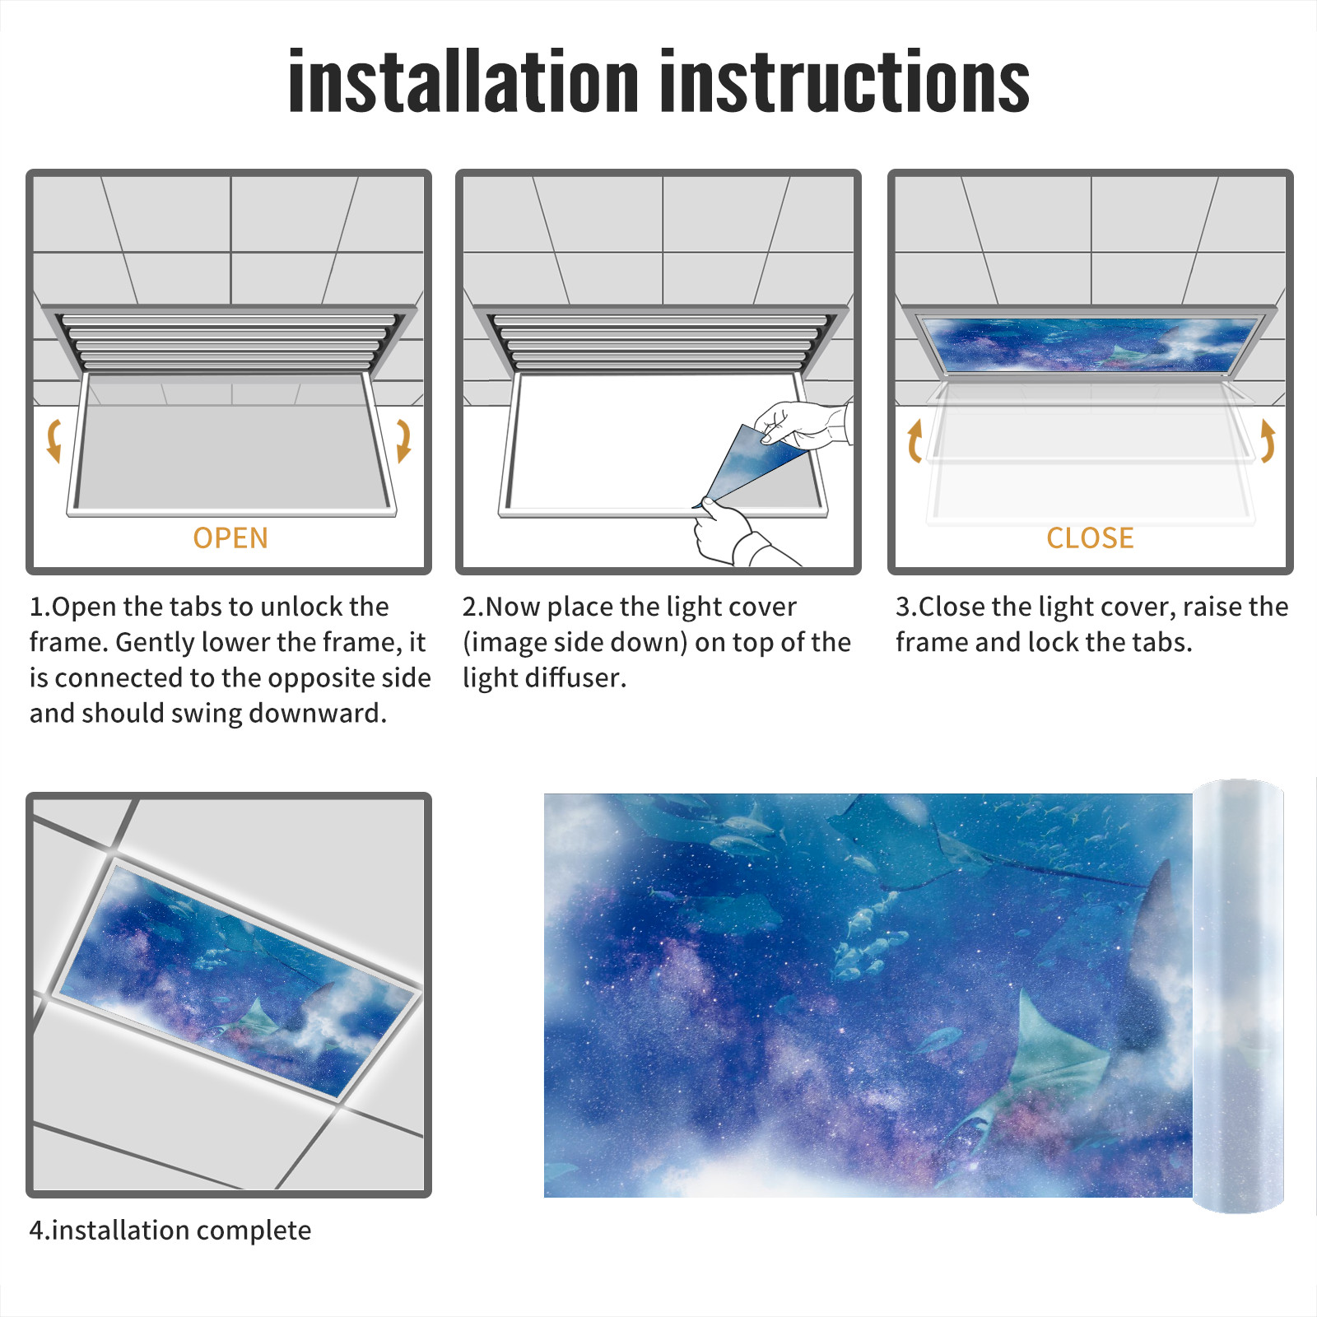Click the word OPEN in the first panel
pyautogui.click(x=230, y=538)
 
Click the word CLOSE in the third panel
pyautogui.click(x=1090, y=538)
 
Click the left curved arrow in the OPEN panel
pyautogui.click(x=54, y=440)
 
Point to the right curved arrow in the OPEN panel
pyautogui.click(x=403, y=440)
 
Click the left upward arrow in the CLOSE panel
pyautogui.click(x=914, y=440)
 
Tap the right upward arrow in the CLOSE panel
pyautogui.click(x=1268, y=440)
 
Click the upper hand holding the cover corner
pyautogui.click(x=803, y=424)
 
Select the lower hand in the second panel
pyautogui.click(x=737, y=535)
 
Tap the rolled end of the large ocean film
pyautogui.click(x=1238, y=996)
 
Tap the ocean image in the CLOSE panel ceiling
pyautogui.click(x=1090, y=343)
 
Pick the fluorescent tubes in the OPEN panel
pyautogui.click(x=229, y=341)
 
